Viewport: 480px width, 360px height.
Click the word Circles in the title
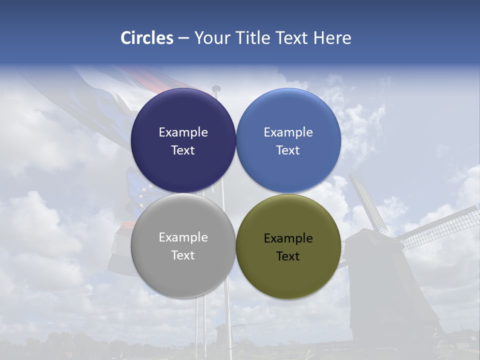pos(147,38)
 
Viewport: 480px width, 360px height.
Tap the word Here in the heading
pos(332,38)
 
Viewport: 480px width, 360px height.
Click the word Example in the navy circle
pos(183,132)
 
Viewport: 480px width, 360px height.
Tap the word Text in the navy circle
pos(183,150)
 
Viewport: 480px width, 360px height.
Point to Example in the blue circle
pos(288,132)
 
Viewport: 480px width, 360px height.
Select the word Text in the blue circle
pos(288,150)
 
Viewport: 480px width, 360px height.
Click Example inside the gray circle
pos(183,237)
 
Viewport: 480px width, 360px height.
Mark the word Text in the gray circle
pos(183,255)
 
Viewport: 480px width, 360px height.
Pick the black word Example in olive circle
pos(288,238)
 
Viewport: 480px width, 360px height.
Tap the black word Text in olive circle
pos(288,256)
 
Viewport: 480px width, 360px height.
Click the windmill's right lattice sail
pos(440,227)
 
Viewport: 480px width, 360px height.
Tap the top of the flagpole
pos(216,89)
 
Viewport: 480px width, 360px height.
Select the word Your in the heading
pos(211,38)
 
